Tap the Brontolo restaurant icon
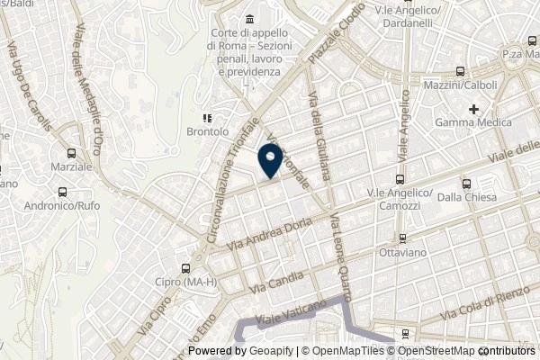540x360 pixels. coord(206,116)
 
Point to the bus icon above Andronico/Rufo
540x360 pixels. coord(61,192)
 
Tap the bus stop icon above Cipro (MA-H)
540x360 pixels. coord(185,267)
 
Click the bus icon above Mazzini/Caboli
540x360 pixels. coord(460,72)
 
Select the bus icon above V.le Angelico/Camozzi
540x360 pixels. coord(400,179)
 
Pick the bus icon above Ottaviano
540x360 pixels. coord(403,238)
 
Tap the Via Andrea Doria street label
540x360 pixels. coord(274,222)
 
